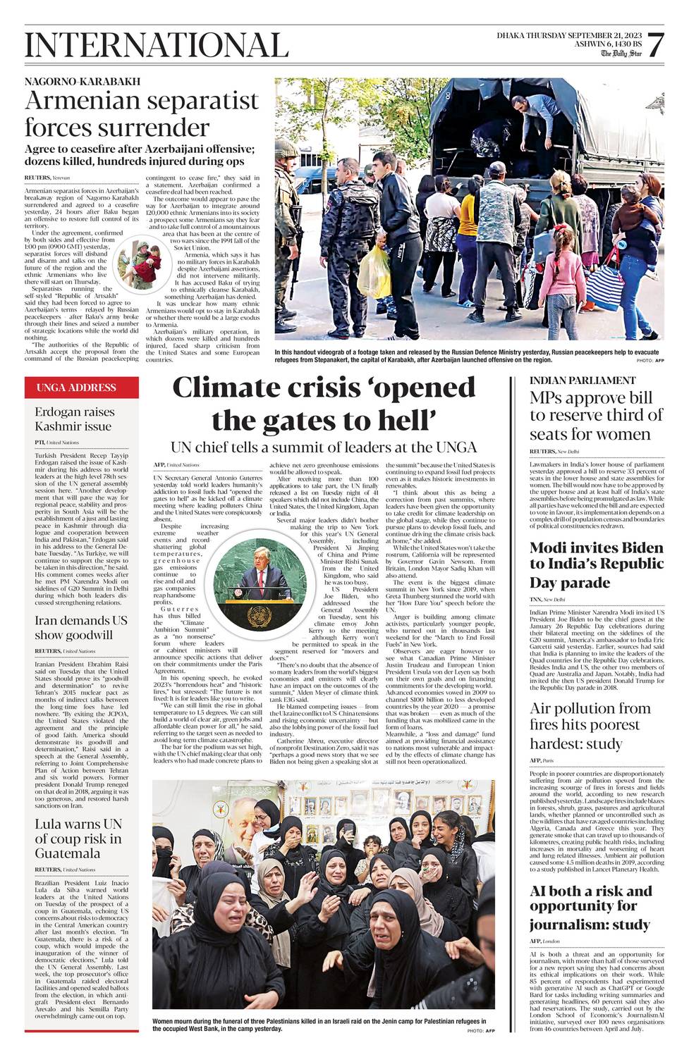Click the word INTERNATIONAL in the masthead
[157, 46]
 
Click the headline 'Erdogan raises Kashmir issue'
[73, 419]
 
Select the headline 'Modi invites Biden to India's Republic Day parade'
[597, 565]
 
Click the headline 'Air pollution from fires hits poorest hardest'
[590, 726]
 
